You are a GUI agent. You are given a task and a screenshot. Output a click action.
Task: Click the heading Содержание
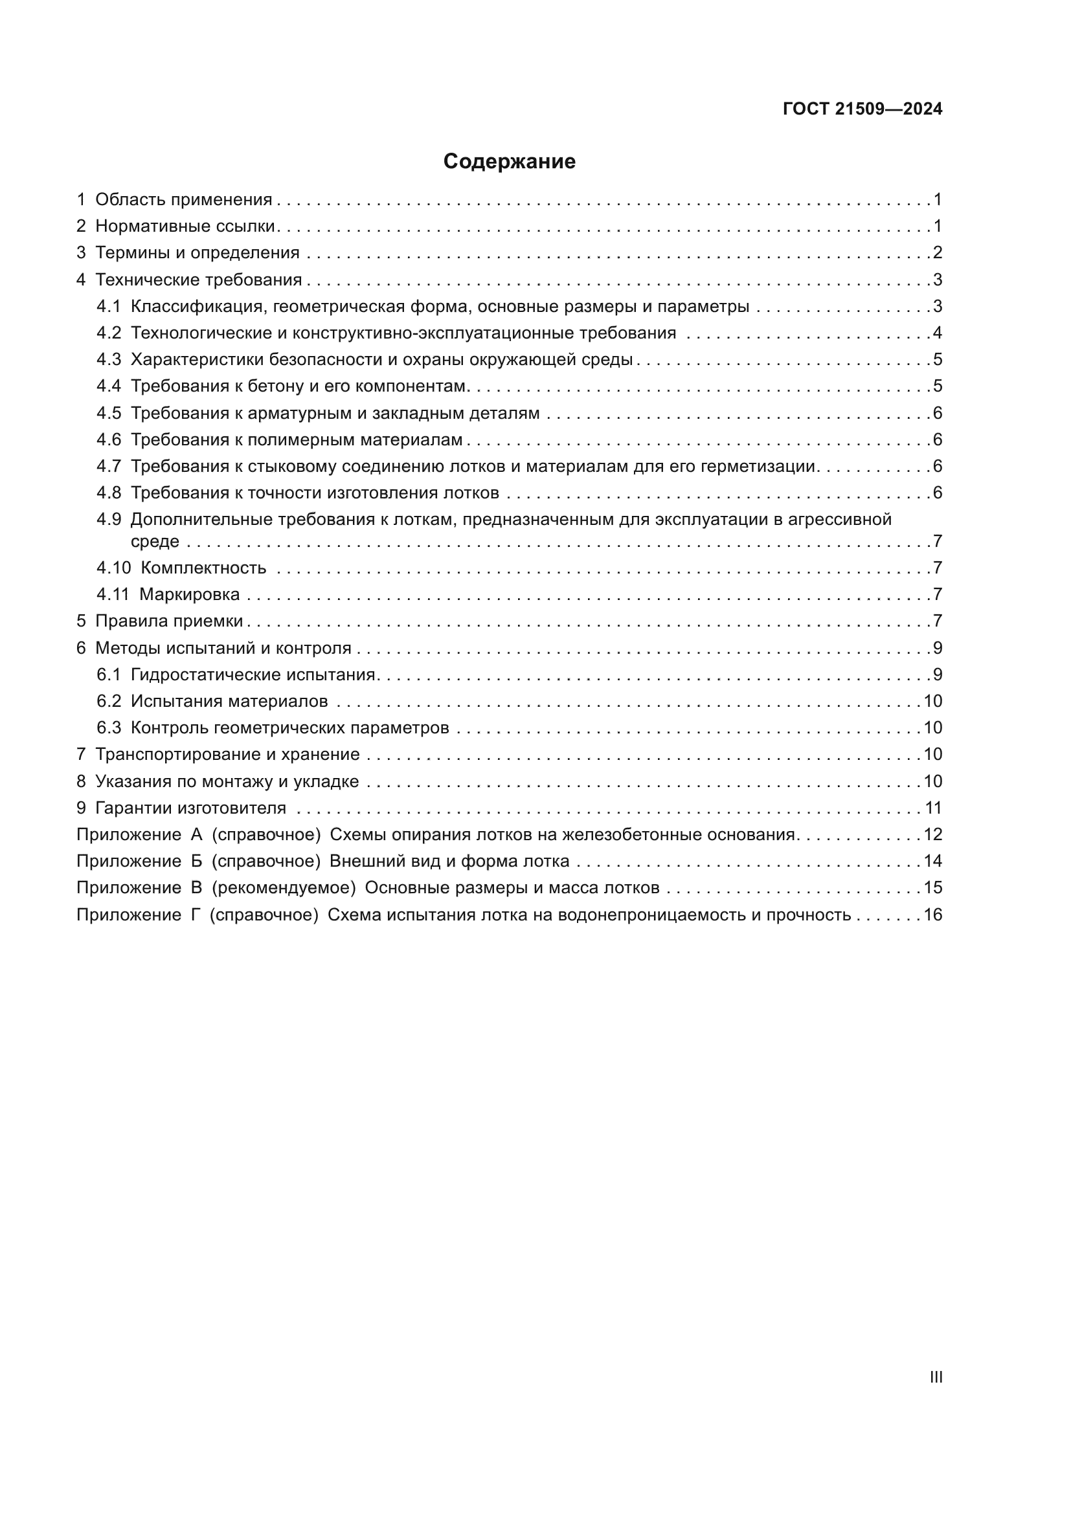(x=509, y=162)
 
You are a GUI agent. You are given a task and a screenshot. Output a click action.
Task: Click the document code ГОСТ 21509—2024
(x=862, y=109)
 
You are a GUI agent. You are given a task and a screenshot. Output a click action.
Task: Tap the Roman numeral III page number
(x=935, y=1377)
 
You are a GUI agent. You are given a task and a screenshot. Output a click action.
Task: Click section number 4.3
(x=109, y=359)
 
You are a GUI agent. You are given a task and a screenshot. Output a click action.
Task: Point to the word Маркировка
(x=189, y=595)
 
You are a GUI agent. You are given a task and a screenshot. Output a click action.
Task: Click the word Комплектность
(x=203, y=568)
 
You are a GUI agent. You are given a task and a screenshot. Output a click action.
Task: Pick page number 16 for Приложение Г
(x=932, y=915)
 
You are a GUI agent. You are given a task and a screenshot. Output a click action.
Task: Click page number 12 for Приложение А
(x=932, y=835)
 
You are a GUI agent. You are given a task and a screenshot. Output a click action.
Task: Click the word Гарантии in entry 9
(x=127, y=808)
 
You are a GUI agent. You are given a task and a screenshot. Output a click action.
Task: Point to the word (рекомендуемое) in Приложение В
(x=284, y=888)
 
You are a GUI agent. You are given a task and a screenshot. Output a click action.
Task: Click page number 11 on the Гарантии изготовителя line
(x=933, y=808)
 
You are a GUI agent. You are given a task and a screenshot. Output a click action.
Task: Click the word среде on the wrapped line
(x=154, y=542)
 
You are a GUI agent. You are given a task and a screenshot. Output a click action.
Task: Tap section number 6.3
(x=109, y=728)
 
